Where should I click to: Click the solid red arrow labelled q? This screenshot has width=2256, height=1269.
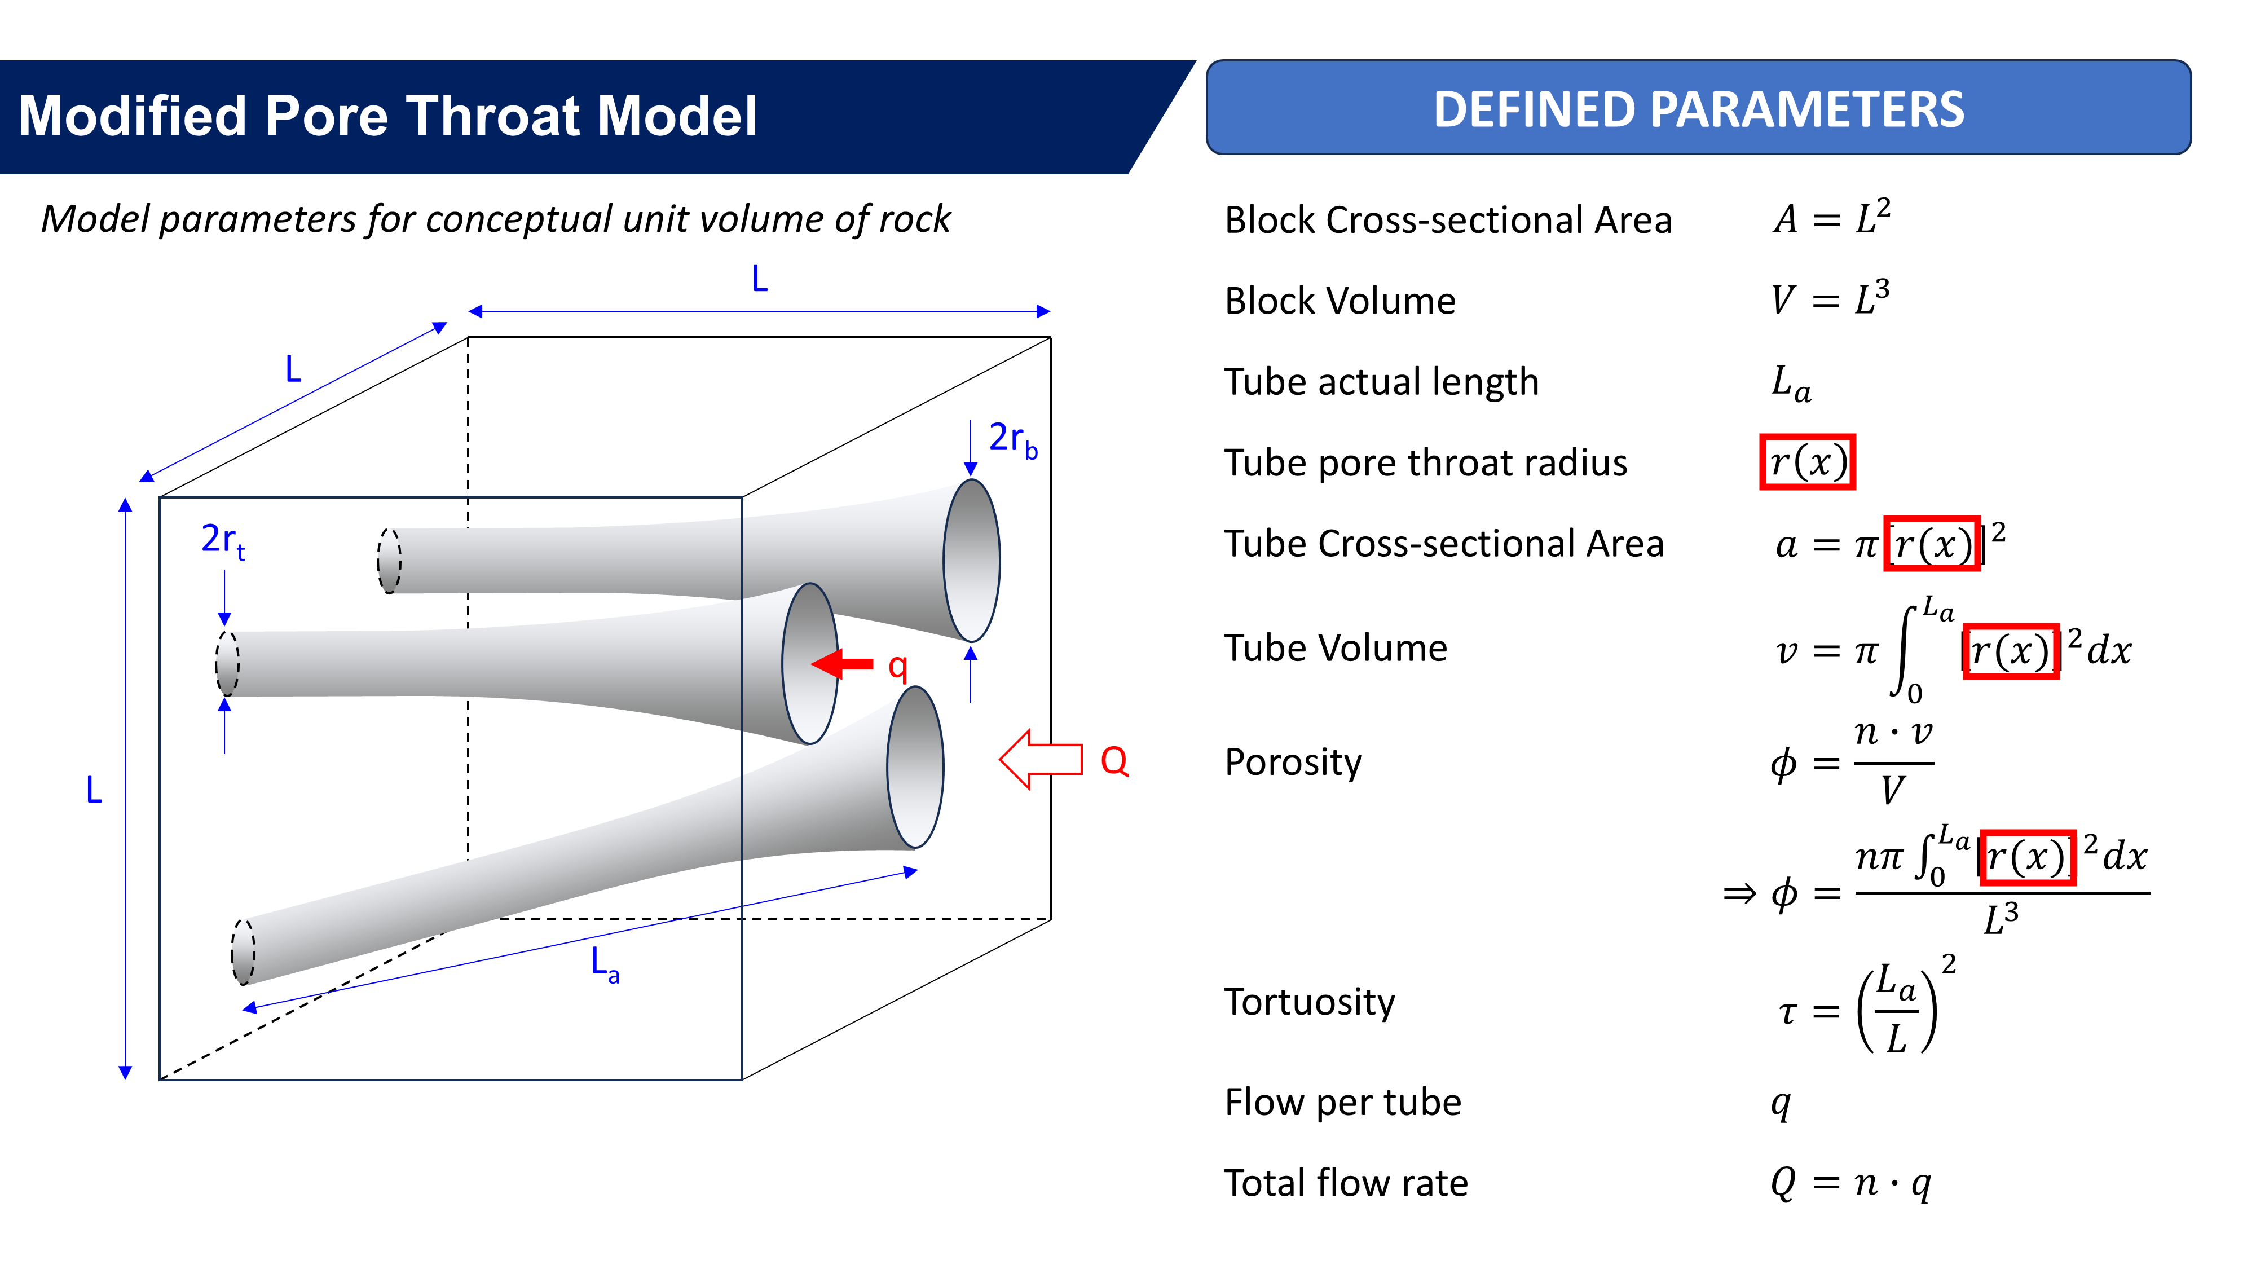click(x=843, y=664)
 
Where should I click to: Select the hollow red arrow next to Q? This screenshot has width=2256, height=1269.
click(x=1041, y=759)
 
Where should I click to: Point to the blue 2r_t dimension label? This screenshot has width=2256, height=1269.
click(x=222, y=540)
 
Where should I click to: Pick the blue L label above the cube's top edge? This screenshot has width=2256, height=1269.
click(x=759, y=279)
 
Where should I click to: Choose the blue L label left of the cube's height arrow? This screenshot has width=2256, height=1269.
click(x=94, y=790)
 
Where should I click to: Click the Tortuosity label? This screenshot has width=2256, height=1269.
click(x=1309, y=1002)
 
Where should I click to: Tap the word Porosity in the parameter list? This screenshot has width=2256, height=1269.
click(x=1293, y=762)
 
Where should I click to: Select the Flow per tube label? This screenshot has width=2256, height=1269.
click(x=1342, y=1101)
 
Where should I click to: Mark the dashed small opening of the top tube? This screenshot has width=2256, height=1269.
click(x=389, y=561)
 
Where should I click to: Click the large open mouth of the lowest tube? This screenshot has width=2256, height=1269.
click(x=915, y=767)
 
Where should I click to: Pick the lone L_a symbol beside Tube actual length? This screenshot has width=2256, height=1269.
click(x=1791, y=383)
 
